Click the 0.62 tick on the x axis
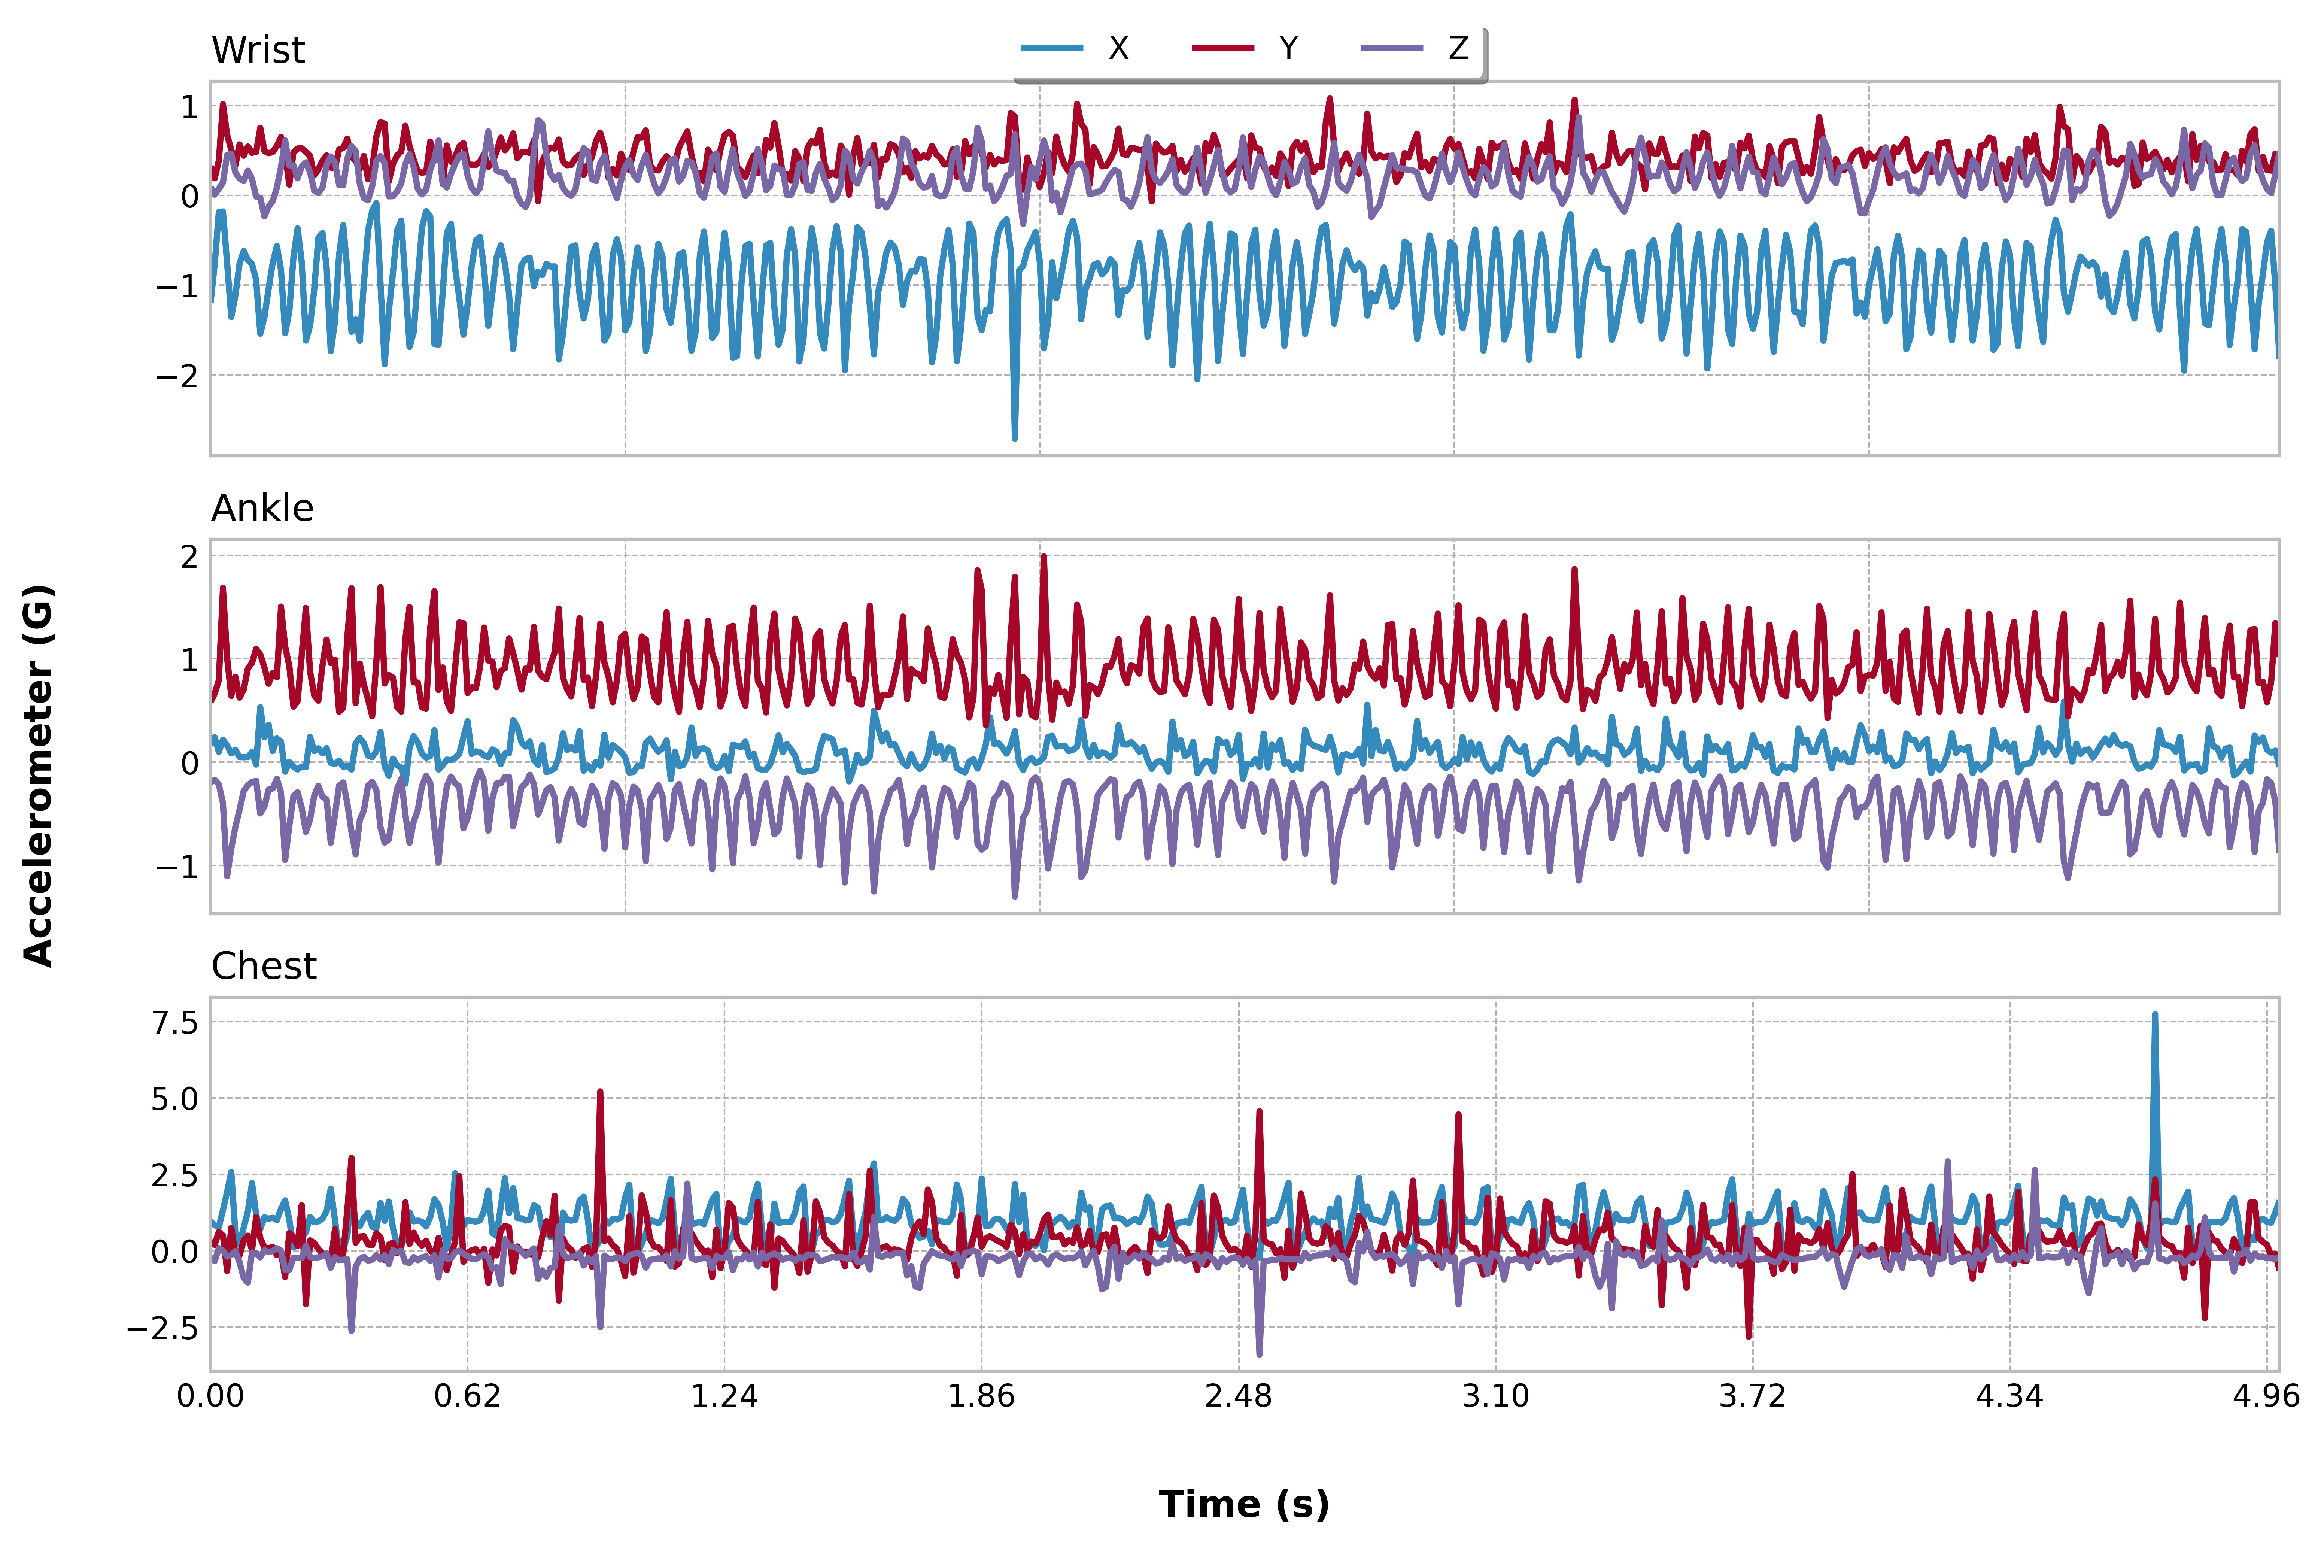click(468, 1396)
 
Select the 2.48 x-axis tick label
click(1239, 1396)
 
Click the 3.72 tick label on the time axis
click(1753, 1396)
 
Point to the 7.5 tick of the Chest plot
click(174, 1022)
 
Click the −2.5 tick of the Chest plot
click(163, 1328)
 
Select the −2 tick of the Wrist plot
click(177, 376)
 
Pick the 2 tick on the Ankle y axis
click(189, 556)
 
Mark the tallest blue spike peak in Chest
click(2154, 1014)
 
